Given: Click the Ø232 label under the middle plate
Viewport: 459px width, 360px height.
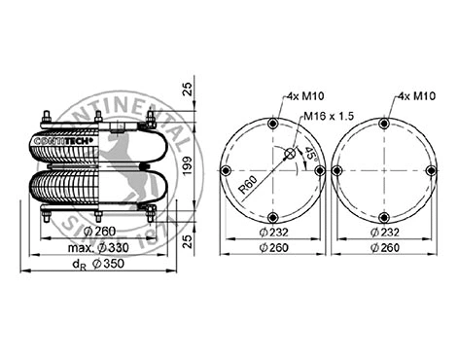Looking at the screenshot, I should click(273, 233).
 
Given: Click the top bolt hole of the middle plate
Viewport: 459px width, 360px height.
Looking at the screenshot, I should click(274, 124).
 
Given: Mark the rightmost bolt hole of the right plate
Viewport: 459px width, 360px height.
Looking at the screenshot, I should click(433, 169).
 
